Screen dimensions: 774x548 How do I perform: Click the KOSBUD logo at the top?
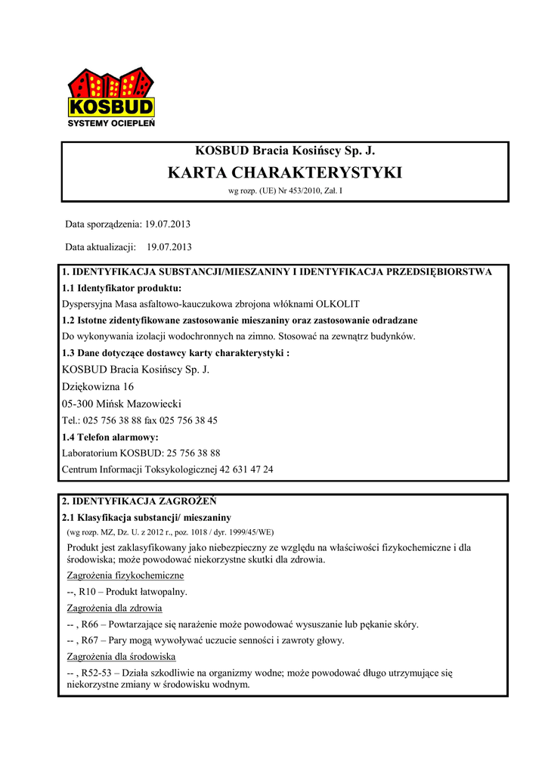coord(111,94)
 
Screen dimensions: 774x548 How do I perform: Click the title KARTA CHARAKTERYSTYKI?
coord(284,172)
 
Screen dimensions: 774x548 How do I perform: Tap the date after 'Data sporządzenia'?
coord(169,225)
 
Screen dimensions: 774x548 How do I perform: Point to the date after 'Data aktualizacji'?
coord(170,246)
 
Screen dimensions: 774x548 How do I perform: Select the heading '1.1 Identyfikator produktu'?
coord(121,288)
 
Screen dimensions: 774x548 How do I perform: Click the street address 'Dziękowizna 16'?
coord(98,386)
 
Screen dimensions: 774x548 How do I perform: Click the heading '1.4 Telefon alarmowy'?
coord(110,437)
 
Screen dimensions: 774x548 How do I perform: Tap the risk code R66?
coord(89,624)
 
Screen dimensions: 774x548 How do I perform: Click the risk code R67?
coord(89,640)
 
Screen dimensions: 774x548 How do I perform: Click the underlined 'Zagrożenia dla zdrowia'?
coord(115,608)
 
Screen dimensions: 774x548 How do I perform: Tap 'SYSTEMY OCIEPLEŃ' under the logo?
coord(111,123)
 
